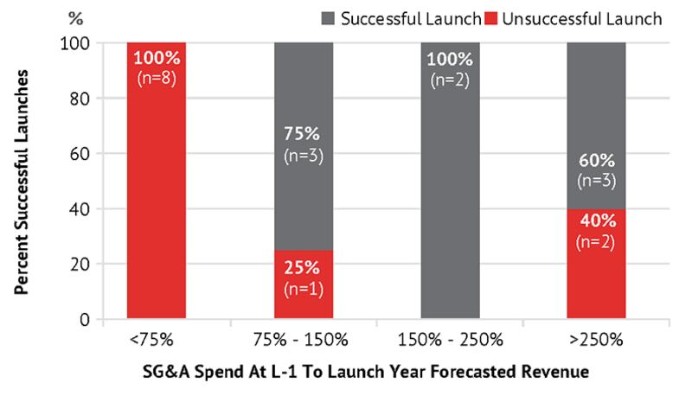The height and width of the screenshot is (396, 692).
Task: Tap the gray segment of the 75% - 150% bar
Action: click(x=303, y=95)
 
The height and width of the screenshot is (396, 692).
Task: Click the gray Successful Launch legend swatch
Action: click(x=329, y=17)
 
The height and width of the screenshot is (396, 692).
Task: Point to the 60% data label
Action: click(x=596, y=162)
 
